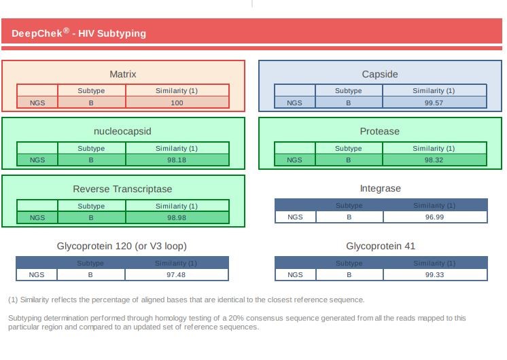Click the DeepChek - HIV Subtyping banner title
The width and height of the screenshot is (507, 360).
(79, 33)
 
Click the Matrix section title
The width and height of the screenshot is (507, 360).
(123, 74)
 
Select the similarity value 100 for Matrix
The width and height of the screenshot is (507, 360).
(177, 103)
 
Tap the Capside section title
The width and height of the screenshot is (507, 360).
(380, 74)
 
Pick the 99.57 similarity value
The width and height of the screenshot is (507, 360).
(434, 103)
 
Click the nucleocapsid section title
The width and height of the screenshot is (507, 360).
(123, 131)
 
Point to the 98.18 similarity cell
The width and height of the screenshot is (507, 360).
(177, 160)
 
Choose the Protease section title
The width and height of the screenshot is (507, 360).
(380, 131)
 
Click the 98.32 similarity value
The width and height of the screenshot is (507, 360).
(434, 160)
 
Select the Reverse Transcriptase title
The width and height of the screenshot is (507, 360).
(123, 189)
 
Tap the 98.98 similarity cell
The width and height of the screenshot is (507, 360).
(177, 218)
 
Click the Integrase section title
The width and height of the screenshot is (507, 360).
(380, 188)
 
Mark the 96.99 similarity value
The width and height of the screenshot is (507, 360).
(434, 217)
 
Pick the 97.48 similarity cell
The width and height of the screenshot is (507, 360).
(177, 275)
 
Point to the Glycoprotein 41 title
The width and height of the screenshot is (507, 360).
(380, 246)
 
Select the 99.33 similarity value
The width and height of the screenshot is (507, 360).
(434, 275)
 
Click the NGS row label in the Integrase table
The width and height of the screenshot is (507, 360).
(295, 217)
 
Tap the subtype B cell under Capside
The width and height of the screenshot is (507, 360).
(349, 103)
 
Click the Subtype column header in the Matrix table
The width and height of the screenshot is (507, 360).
(91, 91)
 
